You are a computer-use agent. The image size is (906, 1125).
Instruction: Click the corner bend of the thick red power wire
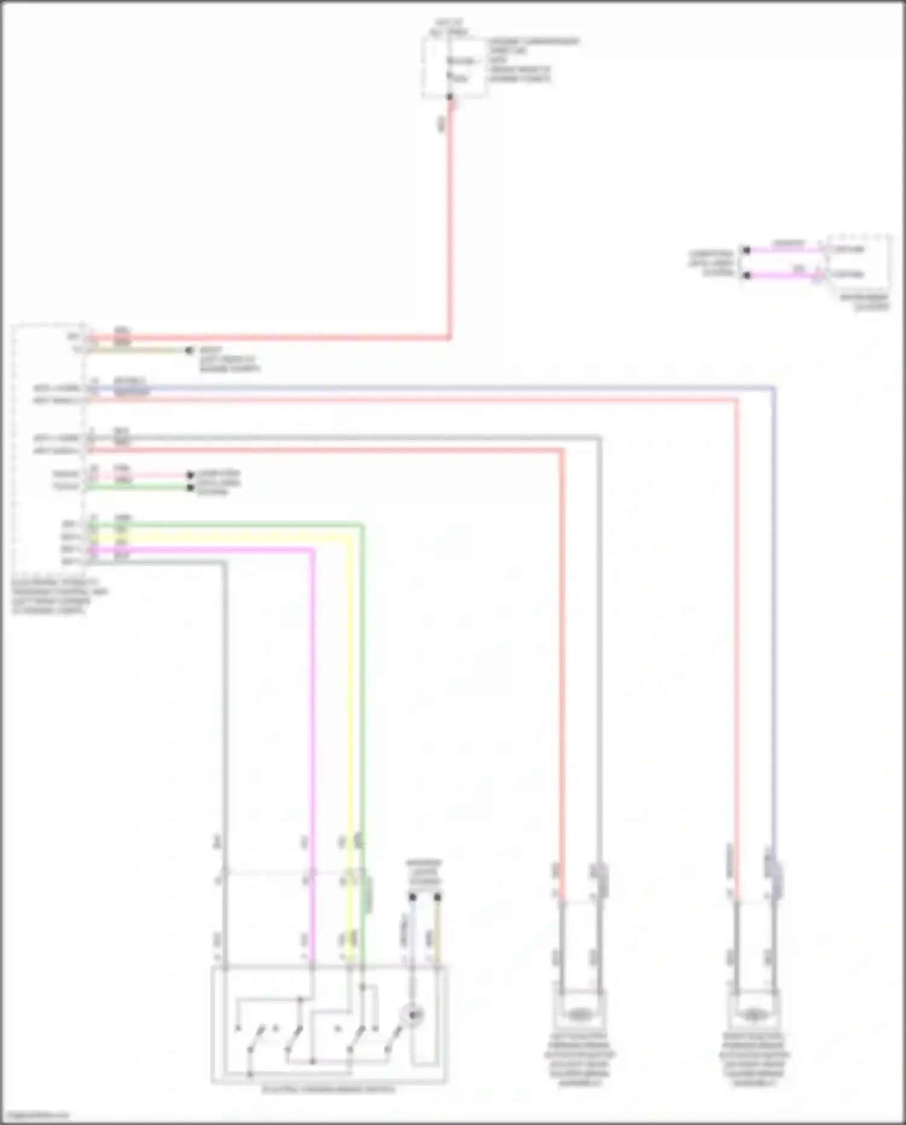pyautogui.click(x=449, y=337)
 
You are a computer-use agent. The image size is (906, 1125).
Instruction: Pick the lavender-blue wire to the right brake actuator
pyautogui.click(x=773, y=605)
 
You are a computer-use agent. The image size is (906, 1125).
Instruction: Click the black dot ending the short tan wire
pyautogui.click(x=189, y=350)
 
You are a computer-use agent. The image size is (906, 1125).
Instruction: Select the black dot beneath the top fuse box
pyautogui.click(x=449, y=97)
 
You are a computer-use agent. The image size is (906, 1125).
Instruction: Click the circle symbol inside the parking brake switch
pyautogui.click(x=414, y=1015)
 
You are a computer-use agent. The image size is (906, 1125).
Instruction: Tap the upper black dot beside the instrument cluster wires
pyautogui.click(x=747, y=250)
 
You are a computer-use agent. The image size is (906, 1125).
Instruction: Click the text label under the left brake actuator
pyautogui.click(x=579, y=1059)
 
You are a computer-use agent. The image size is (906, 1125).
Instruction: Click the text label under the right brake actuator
pyautogui.click(x=754, y=1059)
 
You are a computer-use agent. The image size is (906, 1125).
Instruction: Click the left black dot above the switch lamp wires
pyautogui.click(x=412, y=897)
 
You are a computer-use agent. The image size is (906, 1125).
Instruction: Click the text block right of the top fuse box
pyautogui.click(x=532, y=60)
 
